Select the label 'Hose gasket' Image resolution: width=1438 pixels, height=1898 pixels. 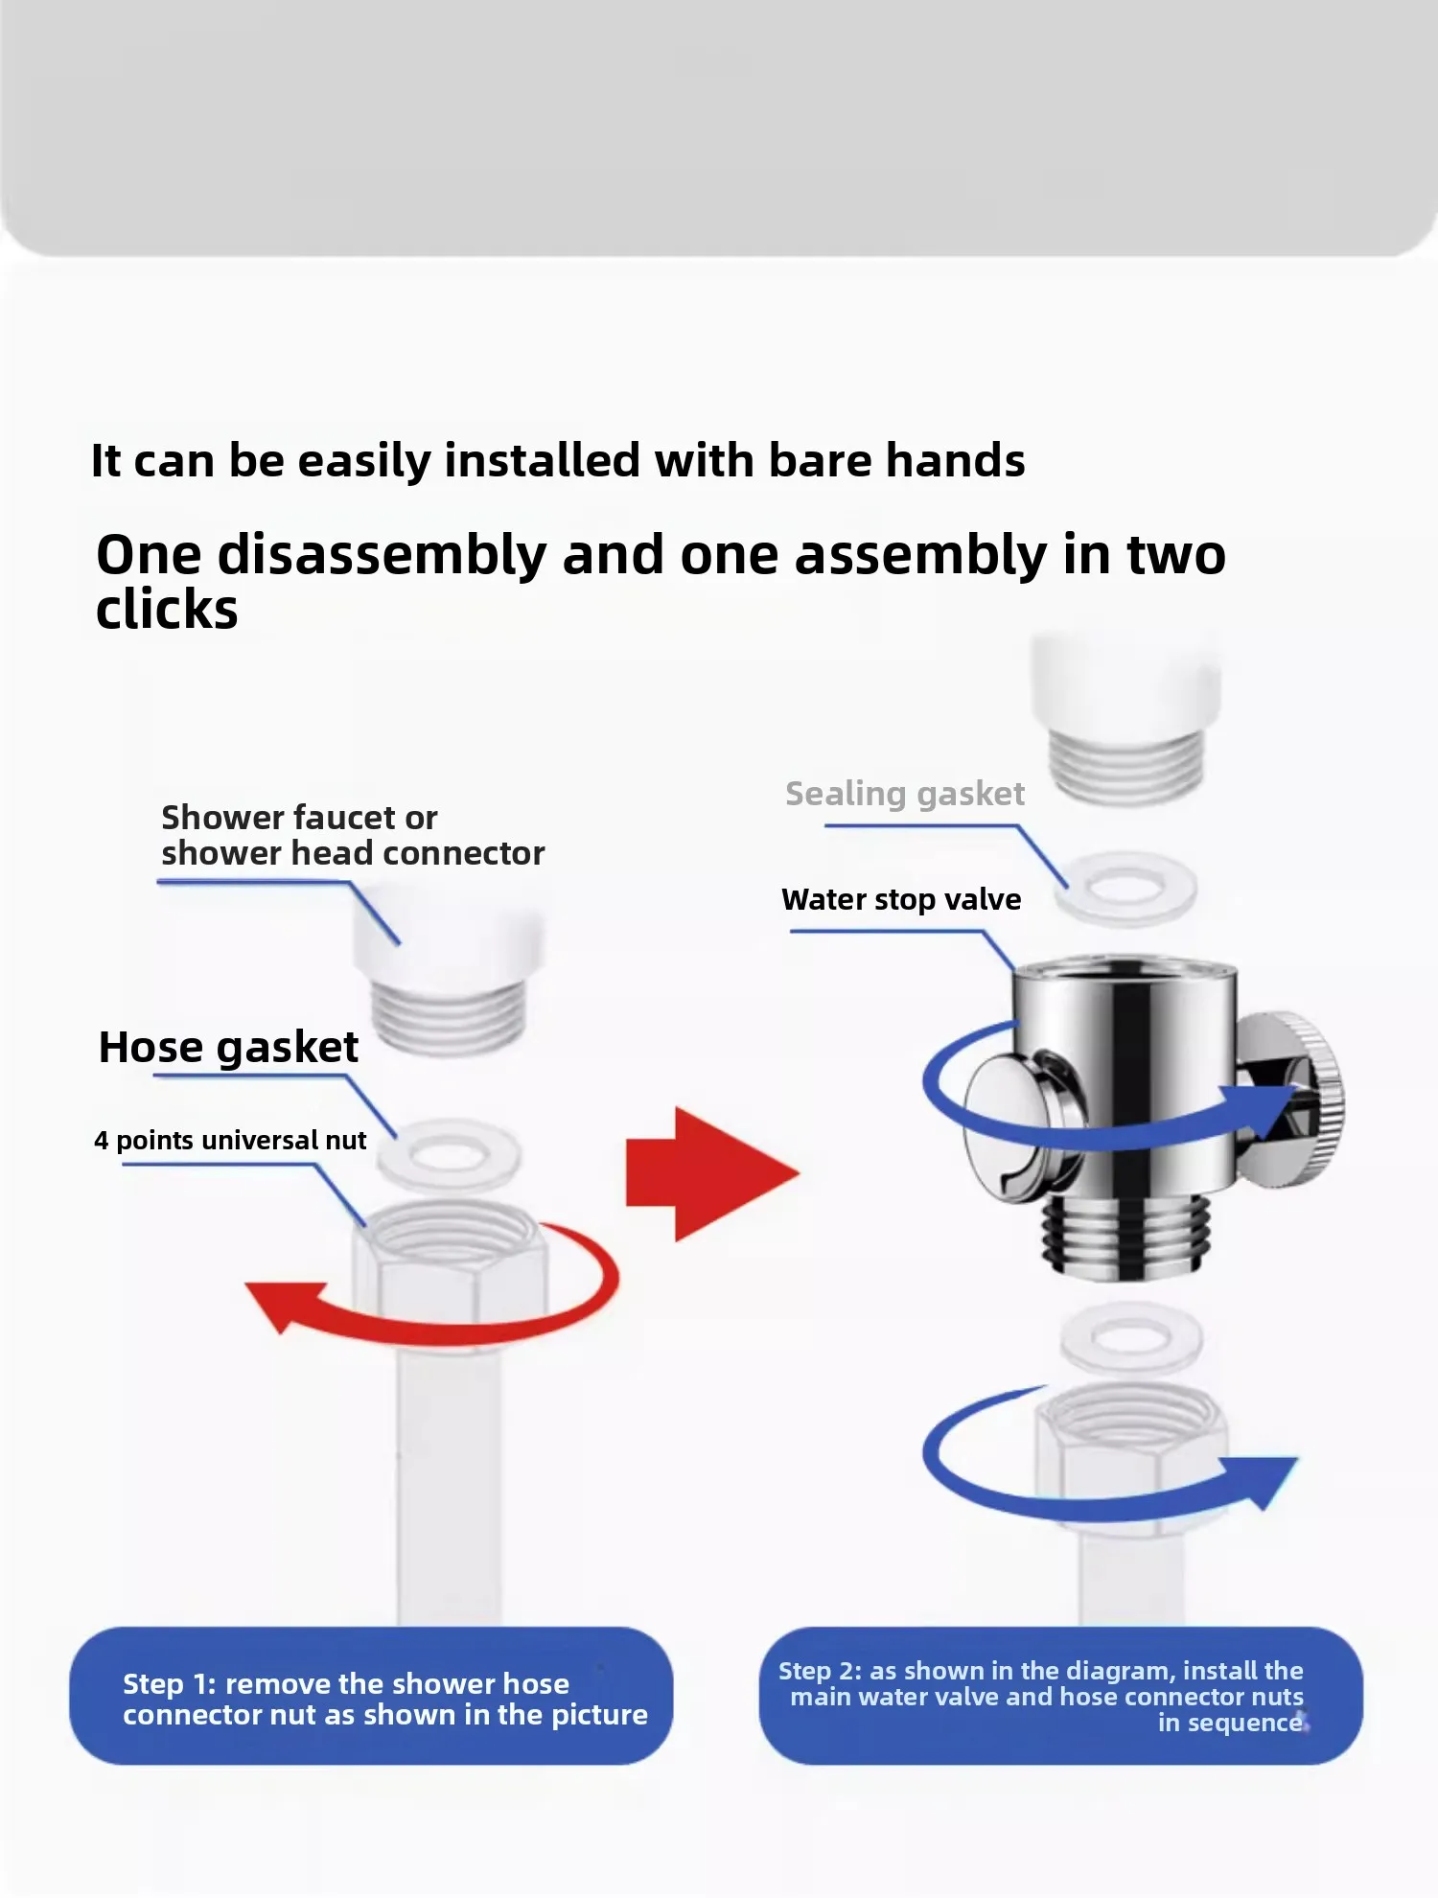pyautogui.click(x=228, y=1047)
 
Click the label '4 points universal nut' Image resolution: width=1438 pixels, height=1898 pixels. pyautogui.click(x=230, y=1140)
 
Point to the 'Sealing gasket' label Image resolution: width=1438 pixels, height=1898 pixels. pyautogui.click(x=905, y=794)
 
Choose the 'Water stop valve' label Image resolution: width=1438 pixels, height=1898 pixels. pyautogui.click(x=901, y=899)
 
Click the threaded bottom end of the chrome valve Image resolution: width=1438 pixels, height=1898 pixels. pyautogui.click(x=1122, y=1237)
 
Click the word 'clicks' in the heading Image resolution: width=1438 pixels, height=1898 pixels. pyautogui.click(x=167, y=611)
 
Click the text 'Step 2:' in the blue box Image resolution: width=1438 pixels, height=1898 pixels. pyautogui.click(x=820, y=1671)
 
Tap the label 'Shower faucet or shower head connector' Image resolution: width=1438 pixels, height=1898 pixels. pyautogui.click(x=353, y=835)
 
